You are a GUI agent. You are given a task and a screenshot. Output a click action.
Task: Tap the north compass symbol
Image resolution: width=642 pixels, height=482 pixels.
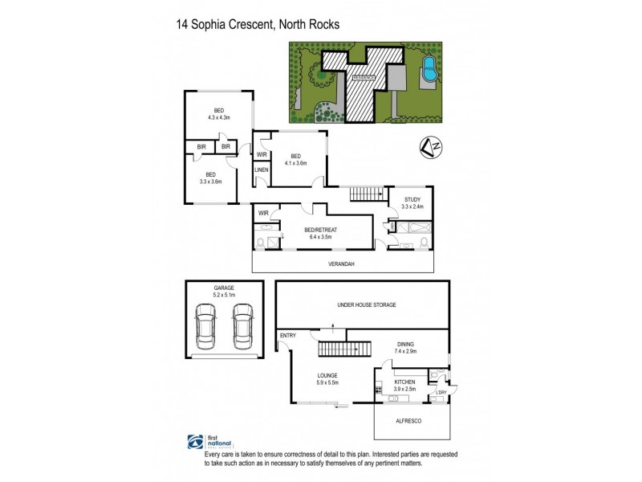tap(430, 148)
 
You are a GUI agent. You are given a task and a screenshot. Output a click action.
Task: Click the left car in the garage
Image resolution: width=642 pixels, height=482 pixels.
tap(205, 329)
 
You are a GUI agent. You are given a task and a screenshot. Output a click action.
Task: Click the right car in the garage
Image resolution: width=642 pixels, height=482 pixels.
tap(243, 329)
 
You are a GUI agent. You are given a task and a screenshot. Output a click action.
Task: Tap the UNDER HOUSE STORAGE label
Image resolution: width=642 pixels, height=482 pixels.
tap(365, 305)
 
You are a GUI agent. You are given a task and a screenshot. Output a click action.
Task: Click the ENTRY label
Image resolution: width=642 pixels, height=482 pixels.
tap(288, 336)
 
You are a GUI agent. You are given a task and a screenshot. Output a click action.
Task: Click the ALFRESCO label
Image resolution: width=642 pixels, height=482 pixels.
tap(412, 419)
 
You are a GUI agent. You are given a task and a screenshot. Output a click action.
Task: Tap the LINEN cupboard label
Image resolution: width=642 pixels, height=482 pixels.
tap(261, 170)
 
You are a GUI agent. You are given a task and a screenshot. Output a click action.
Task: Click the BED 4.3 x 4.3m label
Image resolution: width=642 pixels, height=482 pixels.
tap(218, 114)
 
